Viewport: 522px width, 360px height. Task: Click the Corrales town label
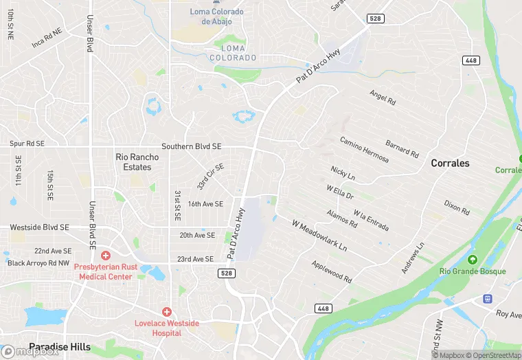tap(450, 164)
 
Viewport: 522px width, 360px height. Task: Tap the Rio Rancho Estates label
tap(137, 162)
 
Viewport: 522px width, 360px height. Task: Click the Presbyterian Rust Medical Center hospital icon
tap(105, 255)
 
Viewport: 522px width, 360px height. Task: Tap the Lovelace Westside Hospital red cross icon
tap(166, 311)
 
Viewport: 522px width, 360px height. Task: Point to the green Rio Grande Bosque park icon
tap(473, 260)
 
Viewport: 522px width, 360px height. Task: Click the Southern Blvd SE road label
tap(191, 147)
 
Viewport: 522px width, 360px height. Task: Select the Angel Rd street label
tap(383, 98)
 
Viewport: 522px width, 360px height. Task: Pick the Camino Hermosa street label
tap(364, 150)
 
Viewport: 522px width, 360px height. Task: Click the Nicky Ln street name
tap(343, 172)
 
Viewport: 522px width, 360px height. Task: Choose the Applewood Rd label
tap(331, 272)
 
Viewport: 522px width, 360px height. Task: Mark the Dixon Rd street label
tap(457, 207)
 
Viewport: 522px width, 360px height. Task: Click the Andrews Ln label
tap(413, 258)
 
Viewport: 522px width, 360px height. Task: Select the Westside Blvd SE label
tap(39, 227)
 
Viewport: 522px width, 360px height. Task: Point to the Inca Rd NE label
tap(47, 38)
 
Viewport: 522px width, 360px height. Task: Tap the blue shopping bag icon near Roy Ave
tap(487, 299)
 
